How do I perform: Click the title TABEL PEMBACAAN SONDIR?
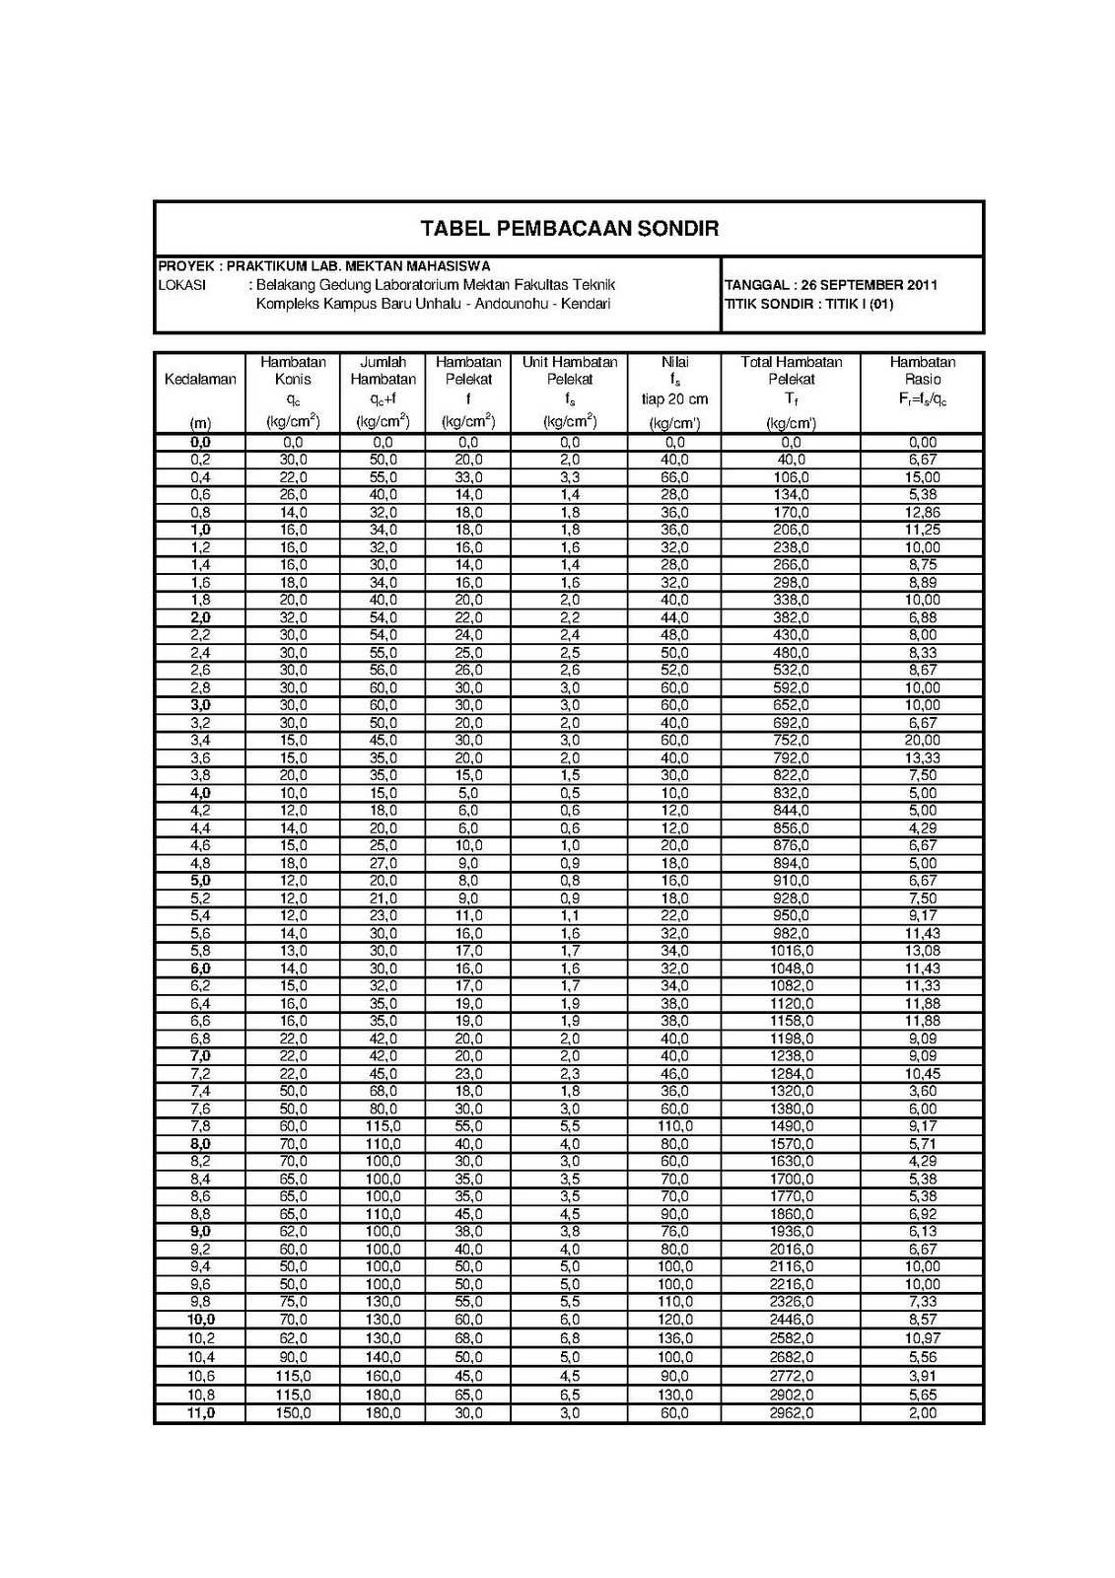click(569, 229)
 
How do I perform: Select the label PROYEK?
click(186, 265)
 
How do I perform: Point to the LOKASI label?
click(181, 285)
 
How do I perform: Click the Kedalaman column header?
click(200, 380)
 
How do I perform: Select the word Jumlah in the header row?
click(383, 362)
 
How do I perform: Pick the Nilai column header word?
click(674, 362)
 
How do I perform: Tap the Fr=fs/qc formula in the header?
click(921, 399)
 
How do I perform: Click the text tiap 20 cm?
click(674, 399)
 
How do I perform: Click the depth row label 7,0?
click(200, 1056)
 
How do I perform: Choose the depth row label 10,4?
click(200, 1358)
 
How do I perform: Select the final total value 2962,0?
click(791, 1413)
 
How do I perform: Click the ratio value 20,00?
click(923, 741)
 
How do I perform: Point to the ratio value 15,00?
click(923, 477)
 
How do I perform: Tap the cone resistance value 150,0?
click(293, 1413)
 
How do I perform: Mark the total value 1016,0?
click(791, 951)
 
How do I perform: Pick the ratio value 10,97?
click(923, 1339)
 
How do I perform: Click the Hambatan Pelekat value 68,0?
click(468, 1339)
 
